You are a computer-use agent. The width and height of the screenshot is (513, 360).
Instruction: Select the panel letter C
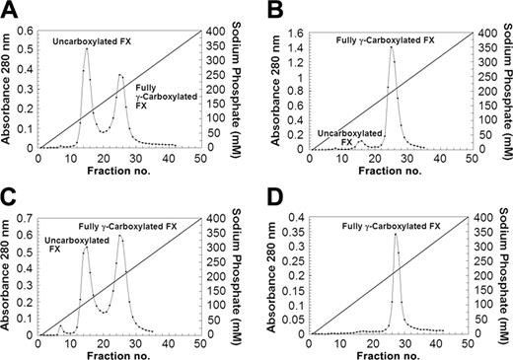(x=9, y=193)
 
